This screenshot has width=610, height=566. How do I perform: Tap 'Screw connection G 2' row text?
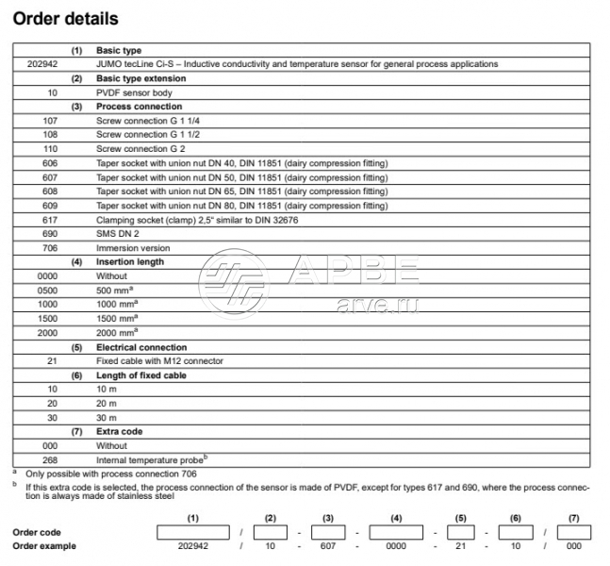pos(140,149)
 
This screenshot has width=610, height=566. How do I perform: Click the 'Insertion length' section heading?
pos(130,261)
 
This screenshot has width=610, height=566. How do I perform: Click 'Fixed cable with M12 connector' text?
pos(159,360)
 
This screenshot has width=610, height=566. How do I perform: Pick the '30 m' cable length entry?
pos(107,417)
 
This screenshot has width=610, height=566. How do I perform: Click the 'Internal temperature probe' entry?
pos(150,458)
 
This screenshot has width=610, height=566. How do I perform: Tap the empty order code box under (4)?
pos(396,532)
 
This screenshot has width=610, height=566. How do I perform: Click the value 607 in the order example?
pos(328,546)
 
